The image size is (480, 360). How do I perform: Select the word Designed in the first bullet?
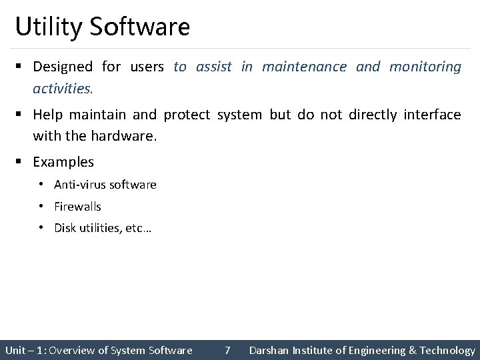point(63,67)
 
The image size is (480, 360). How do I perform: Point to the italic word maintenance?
point(304,67)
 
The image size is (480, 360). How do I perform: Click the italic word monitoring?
point(425,67)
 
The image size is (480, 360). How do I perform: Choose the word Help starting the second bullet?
point(47,115)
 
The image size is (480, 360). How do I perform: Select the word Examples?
point(63,162)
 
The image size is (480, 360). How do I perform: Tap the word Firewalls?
point(78,207)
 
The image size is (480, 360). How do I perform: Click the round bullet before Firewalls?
point(41,207)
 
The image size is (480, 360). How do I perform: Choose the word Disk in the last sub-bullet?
point(65,229)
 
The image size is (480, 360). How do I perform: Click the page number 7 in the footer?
point(227,350)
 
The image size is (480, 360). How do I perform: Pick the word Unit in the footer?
point(15,350)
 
